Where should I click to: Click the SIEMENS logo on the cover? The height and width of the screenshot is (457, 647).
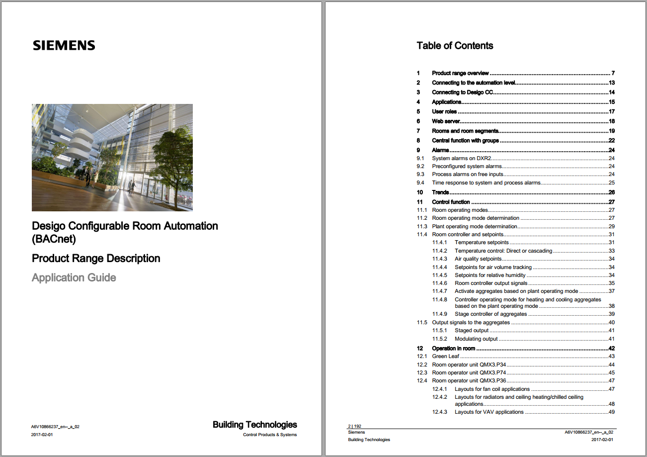[64, 46]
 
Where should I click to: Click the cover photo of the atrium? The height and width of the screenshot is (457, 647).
[112, 157]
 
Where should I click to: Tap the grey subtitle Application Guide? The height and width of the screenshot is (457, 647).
[74, 277]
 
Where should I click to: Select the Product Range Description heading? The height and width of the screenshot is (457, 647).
[96, 259]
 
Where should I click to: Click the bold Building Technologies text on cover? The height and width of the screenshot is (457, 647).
[254, 425]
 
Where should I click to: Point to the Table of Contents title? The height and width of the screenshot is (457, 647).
[455, 46]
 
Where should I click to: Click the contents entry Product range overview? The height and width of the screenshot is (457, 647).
[460, 73]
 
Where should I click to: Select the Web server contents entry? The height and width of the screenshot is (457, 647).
[446, 121]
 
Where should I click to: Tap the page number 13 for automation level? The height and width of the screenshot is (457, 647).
[612, 83]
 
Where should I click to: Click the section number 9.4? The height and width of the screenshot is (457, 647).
[420, 183]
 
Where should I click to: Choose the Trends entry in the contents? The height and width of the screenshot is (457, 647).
[440, 192]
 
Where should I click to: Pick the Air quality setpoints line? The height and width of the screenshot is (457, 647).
[478, 259]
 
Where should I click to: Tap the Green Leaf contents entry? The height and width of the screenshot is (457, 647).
[446, 357]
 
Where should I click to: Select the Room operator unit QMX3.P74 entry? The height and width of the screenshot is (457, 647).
[469, 373]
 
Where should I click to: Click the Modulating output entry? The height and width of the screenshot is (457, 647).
[476, 339]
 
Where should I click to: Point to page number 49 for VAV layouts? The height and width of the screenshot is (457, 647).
[612, 412]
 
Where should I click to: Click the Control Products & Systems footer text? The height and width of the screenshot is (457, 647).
[270, 435]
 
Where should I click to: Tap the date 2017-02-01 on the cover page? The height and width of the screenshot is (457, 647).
[42, 435]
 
